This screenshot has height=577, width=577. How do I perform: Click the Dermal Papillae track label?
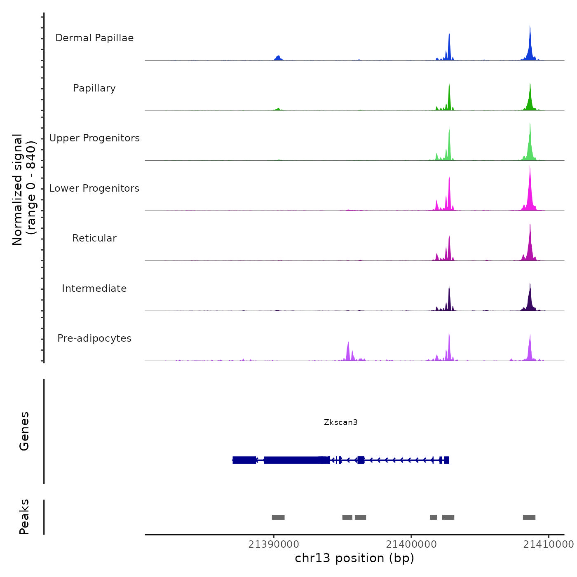point(94,38)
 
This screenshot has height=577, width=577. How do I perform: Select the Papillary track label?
point(94,88)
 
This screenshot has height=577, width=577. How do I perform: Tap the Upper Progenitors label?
point(94,138)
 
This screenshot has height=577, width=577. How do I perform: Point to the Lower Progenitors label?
point(94,188)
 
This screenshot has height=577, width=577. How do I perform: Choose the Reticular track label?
point(94,238)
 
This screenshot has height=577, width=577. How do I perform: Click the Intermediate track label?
point(94,288)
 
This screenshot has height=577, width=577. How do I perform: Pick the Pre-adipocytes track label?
point(94,338)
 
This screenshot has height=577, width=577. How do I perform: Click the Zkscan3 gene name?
point(340,422)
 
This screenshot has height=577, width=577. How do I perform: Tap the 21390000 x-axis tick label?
point(274,544)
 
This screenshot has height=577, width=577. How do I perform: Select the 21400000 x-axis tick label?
point(411,544)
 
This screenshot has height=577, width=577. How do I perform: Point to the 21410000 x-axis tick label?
point(548,544)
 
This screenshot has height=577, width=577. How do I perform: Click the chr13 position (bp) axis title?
point(354,558)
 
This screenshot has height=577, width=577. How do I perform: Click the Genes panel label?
point(24,431)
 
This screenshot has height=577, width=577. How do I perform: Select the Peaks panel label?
point(24,517)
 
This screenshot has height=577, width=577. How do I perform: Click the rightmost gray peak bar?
point(529,517)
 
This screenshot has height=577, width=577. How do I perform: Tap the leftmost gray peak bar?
point(278,517)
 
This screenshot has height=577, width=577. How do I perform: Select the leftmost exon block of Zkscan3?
point(244,460)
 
